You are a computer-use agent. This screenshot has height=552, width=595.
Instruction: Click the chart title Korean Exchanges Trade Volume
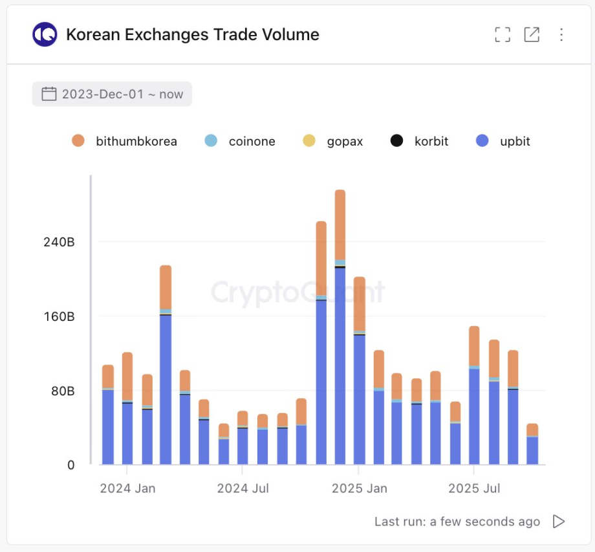[x=193, y=34]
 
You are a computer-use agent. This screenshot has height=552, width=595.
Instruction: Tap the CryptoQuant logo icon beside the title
[x=45, y=34]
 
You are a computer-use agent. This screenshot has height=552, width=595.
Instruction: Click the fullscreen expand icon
[x=503, y=35]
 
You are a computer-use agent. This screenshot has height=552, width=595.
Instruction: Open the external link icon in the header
[x=532, y=35]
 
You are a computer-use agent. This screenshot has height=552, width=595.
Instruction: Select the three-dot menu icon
[x=561, y=35]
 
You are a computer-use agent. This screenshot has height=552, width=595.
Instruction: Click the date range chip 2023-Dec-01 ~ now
[x=112, y=94]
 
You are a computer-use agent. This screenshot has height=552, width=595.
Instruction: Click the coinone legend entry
[x=240, y=141]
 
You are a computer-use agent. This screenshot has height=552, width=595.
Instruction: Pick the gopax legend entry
[x=332, y=141]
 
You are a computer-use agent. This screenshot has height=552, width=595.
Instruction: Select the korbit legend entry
[x=420, y=141]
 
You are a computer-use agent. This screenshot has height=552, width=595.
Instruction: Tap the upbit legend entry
[x=503, y=141]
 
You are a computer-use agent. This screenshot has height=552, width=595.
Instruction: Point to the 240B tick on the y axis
[x=59, y=242]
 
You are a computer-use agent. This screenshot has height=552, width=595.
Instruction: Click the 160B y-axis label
[x=59, y=316]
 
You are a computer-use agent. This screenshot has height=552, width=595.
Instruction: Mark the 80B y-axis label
[x=62, y=391]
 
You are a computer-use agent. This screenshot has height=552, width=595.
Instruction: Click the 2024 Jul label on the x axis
[x=243, y=488]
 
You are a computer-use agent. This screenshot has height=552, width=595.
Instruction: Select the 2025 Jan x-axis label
[x=360, y=488]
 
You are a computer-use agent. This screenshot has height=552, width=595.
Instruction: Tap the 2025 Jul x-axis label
[x=474, y=488]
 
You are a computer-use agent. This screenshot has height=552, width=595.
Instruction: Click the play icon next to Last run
[x=559, y=522]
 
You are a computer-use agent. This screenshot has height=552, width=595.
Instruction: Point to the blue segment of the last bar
[x=532, y=450]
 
